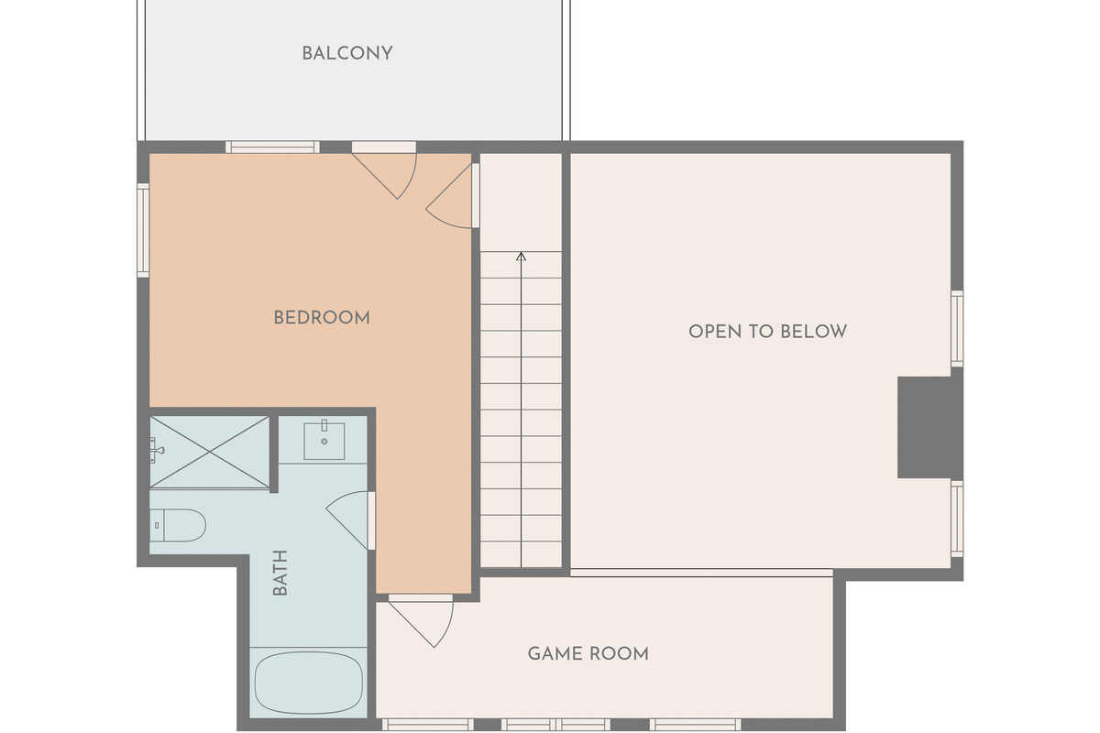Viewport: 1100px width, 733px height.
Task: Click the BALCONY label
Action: coord(347,53)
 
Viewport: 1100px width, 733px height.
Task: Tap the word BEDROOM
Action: coord(322,318)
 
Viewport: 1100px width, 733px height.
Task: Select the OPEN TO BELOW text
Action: coord(767,332)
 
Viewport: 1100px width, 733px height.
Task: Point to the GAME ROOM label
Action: coord(588,653)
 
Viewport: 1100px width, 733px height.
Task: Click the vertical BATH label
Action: coord(280,573)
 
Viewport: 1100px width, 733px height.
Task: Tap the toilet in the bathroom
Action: coord(178,525)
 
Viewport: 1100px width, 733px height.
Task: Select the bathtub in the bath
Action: coord(308,683)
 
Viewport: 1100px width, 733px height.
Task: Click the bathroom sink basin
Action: coord(324,441)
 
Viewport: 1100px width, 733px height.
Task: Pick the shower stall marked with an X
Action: coord(210,453)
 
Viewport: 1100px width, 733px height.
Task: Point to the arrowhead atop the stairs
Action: coord(521,256)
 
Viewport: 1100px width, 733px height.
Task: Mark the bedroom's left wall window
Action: coord(143,230)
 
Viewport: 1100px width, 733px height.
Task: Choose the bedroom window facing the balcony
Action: coord(272,147)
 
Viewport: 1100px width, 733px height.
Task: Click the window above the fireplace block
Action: coord(957,328)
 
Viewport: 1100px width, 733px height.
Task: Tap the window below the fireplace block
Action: coord(957,519)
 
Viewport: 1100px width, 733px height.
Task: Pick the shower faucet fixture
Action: coord(157,450)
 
